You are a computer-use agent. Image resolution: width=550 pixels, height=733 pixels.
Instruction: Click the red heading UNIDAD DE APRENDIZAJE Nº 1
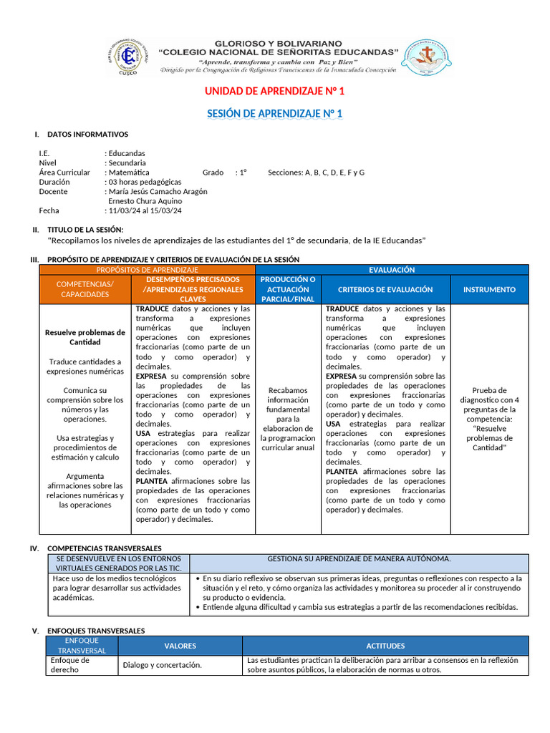pyautogui.click(x=274, y=92)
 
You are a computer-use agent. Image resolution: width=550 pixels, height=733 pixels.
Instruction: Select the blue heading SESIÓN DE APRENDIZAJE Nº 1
pyautogui.click(x=274, y=114)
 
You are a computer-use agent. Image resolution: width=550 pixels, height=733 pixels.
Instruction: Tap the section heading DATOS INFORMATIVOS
pyautogui.click(x=87, y=135)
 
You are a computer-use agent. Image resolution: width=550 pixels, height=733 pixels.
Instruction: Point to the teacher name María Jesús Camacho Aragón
pyautogui.click(x=158, y=192)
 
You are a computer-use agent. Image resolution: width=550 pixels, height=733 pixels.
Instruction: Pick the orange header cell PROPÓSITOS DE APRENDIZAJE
pyautogui.click(x=147, y=269)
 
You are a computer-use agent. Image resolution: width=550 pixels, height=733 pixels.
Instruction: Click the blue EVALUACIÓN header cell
pyautogui.click(x=391, y=270)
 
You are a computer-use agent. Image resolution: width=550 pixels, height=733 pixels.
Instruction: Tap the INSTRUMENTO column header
pyautogui.click(x=489, y=289)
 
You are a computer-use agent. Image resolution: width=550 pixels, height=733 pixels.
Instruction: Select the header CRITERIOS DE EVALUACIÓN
pyautogui.click(x=385, y=289)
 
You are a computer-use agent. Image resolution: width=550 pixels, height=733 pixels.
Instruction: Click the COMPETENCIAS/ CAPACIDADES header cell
pyautogui.click(x=85, y=289)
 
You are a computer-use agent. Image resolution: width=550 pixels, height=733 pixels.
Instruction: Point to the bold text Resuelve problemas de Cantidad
pyautogui.click(x=85, y=337)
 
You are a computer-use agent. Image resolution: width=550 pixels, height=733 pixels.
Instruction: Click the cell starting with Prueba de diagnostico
pyautogui.click(x=489, y=419)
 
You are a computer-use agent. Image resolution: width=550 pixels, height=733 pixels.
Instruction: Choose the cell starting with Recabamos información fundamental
pyautogui.click(x=288, y=419)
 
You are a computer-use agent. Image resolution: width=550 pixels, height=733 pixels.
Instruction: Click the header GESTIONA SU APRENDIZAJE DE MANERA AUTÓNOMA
pyautogui.click(x=359, y=559)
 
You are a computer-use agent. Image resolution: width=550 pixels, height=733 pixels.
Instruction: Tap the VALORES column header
pyautogui.click(x=180, y=646)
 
